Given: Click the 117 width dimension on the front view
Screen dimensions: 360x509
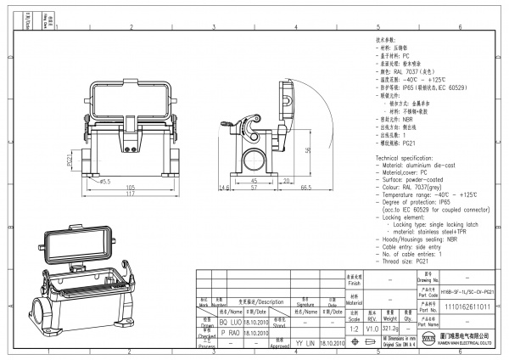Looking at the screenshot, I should point(131,194).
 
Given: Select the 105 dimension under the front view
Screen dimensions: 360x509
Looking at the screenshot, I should point(131,186).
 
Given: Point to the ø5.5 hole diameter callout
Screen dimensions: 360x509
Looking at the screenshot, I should point(105,181).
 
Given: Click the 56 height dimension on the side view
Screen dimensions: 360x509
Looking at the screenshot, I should point(306,149).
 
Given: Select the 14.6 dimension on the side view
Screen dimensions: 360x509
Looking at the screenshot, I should point(223,187).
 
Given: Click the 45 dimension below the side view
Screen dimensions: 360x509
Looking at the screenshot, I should point(255,181).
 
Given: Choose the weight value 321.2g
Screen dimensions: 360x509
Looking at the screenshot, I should point(391,327).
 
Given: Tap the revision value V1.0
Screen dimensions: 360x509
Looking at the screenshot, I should point(372,327).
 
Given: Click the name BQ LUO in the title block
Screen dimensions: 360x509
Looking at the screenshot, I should point(230,323).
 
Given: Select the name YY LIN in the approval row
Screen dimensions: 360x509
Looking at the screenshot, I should point(305,343).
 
